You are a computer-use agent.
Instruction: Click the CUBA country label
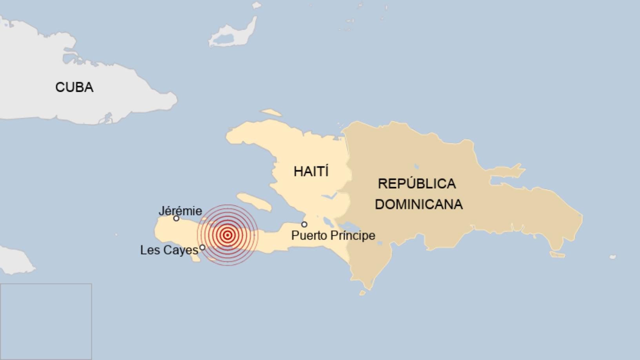point(74,87)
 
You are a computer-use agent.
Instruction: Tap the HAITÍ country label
point(311,171)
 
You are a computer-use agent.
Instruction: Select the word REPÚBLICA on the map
point(416,184)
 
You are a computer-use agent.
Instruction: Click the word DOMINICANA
point(418,204)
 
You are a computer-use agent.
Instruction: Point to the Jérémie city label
point(180,211)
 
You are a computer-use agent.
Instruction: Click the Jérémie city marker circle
point(176,218)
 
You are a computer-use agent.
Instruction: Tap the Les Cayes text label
point(169,250)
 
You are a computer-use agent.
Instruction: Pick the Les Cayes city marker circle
point(202,247)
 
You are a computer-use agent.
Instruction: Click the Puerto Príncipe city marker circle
point(304,225)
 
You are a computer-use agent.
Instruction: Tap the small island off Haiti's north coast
point(271,112)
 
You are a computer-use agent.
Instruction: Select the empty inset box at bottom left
point(46,322)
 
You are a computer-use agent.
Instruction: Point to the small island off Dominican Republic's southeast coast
point(557,255)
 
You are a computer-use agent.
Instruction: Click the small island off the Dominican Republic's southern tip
point(362,293)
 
